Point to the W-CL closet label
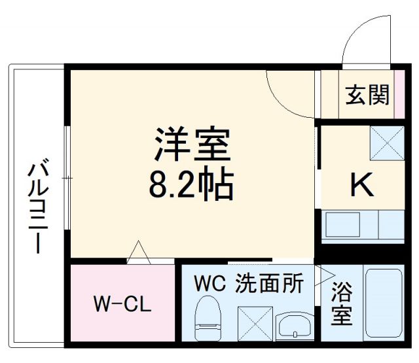122,304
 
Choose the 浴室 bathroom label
341,304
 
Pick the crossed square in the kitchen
386,143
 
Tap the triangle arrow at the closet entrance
138,252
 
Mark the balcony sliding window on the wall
67,177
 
